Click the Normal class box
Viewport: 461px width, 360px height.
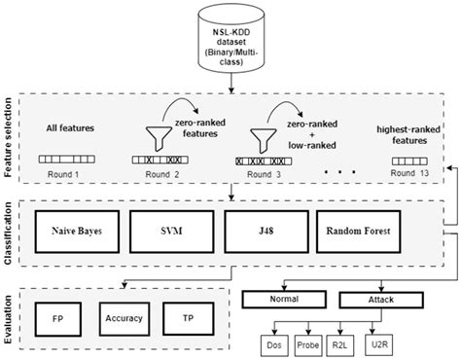pyautogui.click(x=284, y=302)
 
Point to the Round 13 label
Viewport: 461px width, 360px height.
pyautogui.click(x=408, y=172)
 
